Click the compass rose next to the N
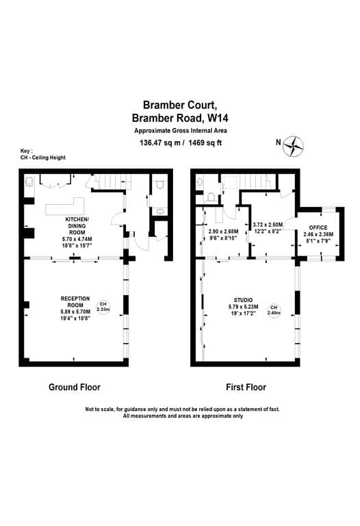tap(293, 146)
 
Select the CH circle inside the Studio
tap(274, 311)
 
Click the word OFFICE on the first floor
tap(318, 227)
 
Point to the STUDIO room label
tap(244, 300)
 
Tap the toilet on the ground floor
tap(159, 184)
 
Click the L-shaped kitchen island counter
tap(65, 207)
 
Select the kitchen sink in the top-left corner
tap(29, 182)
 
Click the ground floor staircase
tap(113, 181)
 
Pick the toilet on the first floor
tap(210, 197)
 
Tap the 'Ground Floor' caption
tap(75, 387)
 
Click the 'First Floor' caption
tap(246, 387)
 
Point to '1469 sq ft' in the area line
tap(205, 142)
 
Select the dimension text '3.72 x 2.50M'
tap(268, 225)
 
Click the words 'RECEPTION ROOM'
tap(75, 302)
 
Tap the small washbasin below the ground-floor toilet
tap(161, 212)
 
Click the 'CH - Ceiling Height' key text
tap(43, 158)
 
